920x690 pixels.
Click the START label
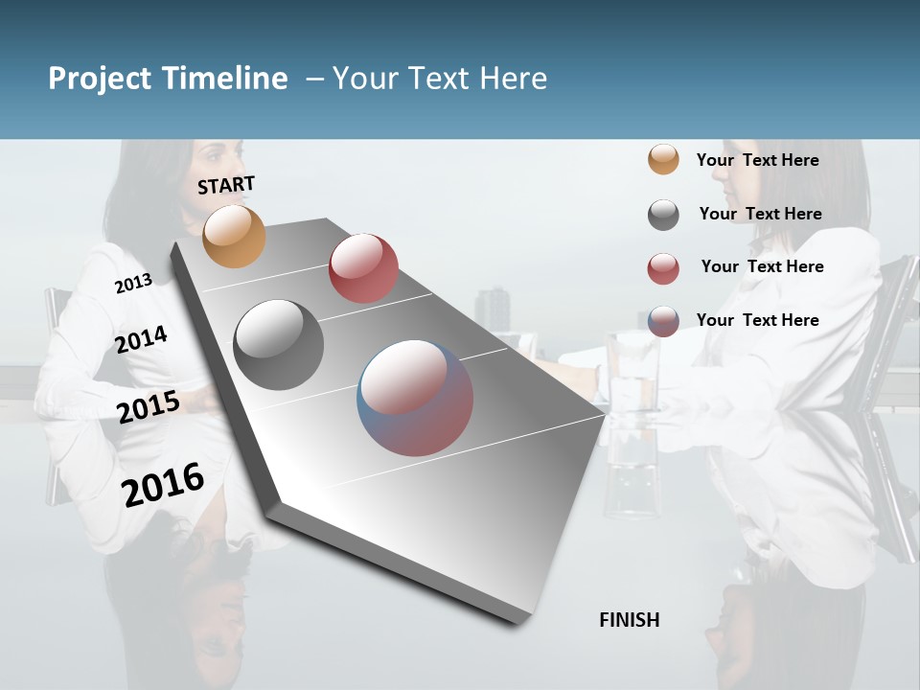[x=226, y=185]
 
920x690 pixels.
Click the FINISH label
[x=629, y=620]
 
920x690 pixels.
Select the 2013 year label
[x=133, y=284]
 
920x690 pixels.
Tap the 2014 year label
[x=141, y=340]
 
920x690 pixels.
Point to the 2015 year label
[x=148, y=407]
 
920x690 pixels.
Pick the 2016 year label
[x=163, y=484]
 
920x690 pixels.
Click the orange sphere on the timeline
[x=235, y=237]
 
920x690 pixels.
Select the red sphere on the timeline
[x=363, y=268]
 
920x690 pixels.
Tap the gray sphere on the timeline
[x=278, y=345]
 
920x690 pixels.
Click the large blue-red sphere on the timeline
[x=415, y=398]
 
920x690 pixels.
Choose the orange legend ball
[x=663, y=159]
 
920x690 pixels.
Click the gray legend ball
[x=663, y=215]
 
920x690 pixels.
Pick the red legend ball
[x=663, y=268]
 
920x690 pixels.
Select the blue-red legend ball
[x=663, y=321]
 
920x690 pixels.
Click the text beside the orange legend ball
[x=757, y=160]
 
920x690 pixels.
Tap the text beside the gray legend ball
[x=760, y=214]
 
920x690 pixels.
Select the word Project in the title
[x=99, y=79]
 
